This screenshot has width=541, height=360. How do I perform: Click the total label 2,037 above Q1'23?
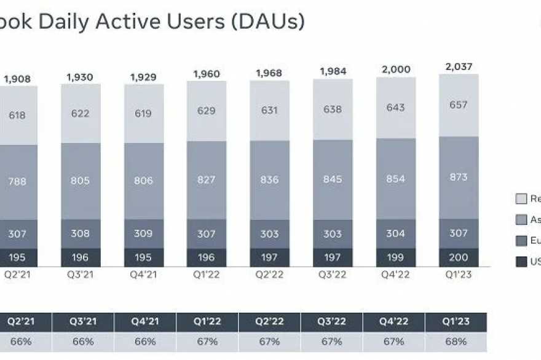pos(459,66)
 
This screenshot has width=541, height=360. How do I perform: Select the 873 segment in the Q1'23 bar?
pos(459,177)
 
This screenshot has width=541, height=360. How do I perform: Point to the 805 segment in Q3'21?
pos(80,181)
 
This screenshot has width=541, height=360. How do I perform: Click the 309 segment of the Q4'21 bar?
pos(144,233)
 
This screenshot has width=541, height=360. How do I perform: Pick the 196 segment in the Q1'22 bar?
pos(207,257)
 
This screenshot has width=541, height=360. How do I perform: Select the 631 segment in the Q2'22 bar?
pos(269,111)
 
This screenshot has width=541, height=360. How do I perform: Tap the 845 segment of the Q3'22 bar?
pos(333,179)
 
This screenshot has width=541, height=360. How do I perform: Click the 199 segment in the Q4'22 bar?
pos(395,257)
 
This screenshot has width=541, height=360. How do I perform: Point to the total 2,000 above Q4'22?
pos(396,69)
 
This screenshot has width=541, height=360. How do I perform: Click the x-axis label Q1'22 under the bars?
pos(207,275)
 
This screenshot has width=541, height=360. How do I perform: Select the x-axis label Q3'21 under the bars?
pos(80,275)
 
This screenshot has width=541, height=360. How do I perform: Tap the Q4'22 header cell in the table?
pos(394,322)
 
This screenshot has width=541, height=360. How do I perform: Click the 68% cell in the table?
pos(456,342)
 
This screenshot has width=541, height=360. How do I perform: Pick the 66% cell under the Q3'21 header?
pos(83,342)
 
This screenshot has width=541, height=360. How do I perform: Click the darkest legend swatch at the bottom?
pos(521,262)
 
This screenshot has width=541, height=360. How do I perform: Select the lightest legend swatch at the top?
pos(521,198)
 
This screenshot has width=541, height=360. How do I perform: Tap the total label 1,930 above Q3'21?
pos(80,77)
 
